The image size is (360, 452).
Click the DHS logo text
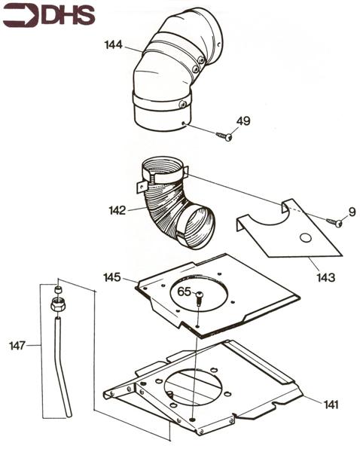pyautogui.click(x=65, y=14)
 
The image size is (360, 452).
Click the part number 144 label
pyautogui.click(x=114, y=45)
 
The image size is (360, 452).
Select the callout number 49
pyautogui.click(x=243, y=121)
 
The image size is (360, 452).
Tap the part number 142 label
pyautogui.click(x=117, y=211)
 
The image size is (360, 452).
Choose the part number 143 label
pyautogui.click(x=326, y=277)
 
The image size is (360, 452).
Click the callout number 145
pyautogui.click(x=112, y=277)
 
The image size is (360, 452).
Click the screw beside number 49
pyautogui.click(x=224, y=136)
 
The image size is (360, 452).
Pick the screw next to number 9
pyautogui.click(x=334, y=221)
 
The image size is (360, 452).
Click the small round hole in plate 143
pyautogui.click(x=305, y=239)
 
